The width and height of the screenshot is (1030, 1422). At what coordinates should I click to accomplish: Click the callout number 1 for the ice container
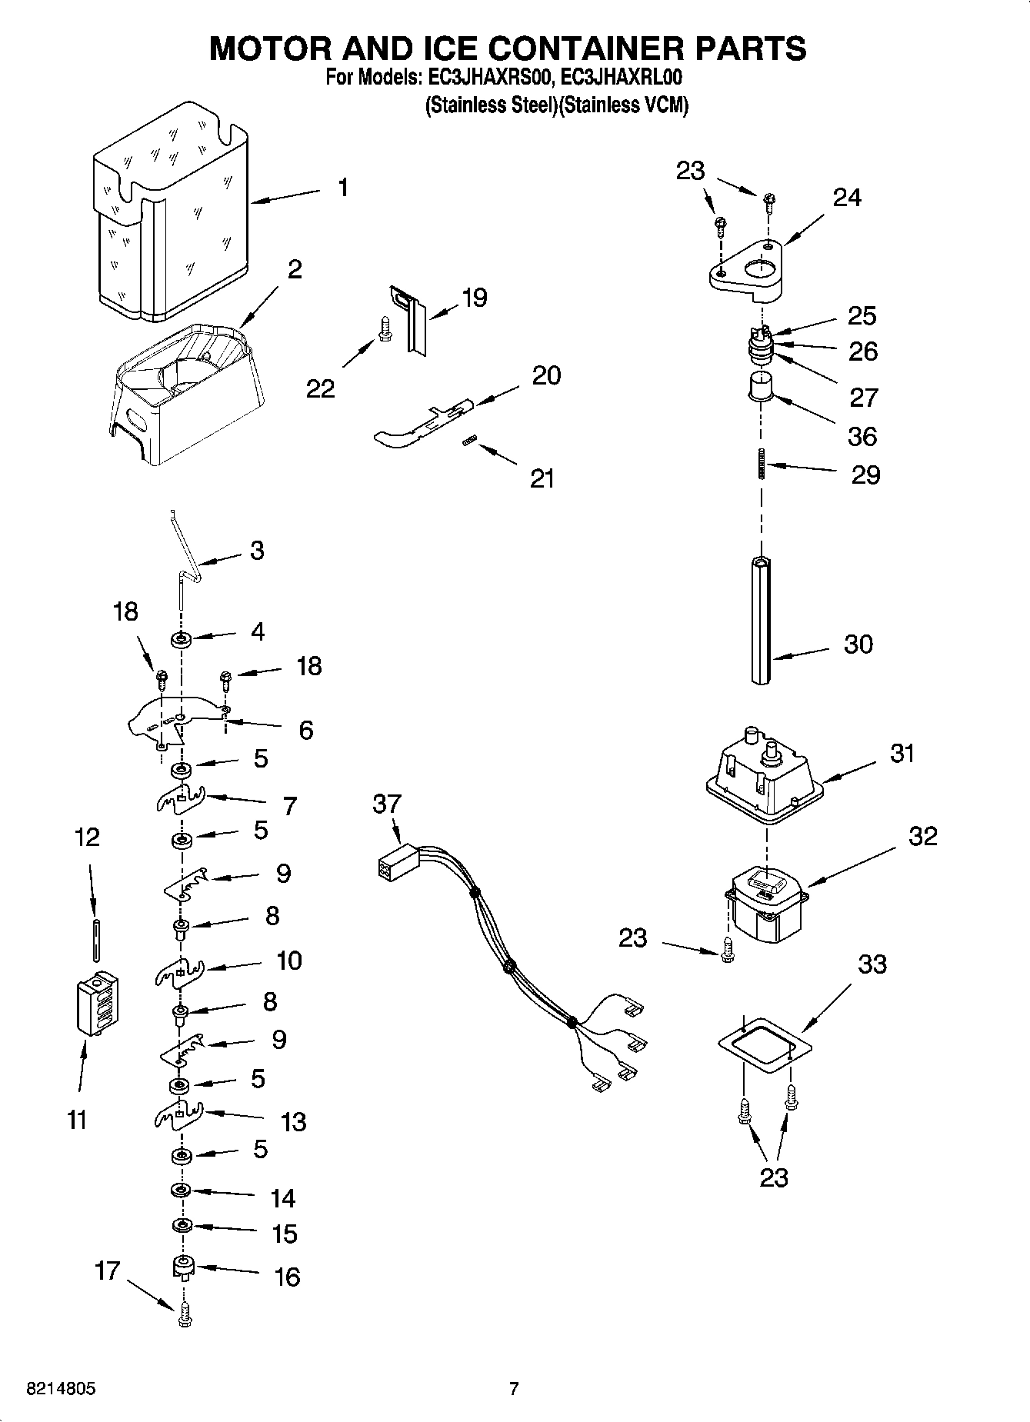(x=343, y=188)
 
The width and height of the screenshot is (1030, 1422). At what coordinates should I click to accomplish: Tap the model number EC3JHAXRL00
(x=621, y=78)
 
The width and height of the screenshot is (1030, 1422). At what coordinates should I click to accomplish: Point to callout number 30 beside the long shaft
(x=858, y=644)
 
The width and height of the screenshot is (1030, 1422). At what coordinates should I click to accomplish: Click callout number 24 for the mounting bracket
(x=847, y=198)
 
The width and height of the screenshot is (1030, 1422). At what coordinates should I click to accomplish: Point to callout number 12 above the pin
(x=87, y=838)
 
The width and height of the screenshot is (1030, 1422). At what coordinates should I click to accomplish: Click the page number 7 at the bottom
(x=514, y=1389)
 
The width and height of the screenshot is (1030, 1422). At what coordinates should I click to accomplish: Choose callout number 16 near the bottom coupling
(x=286, y=1277)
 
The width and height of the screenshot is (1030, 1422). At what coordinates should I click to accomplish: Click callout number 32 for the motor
(x=923, y=836)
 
